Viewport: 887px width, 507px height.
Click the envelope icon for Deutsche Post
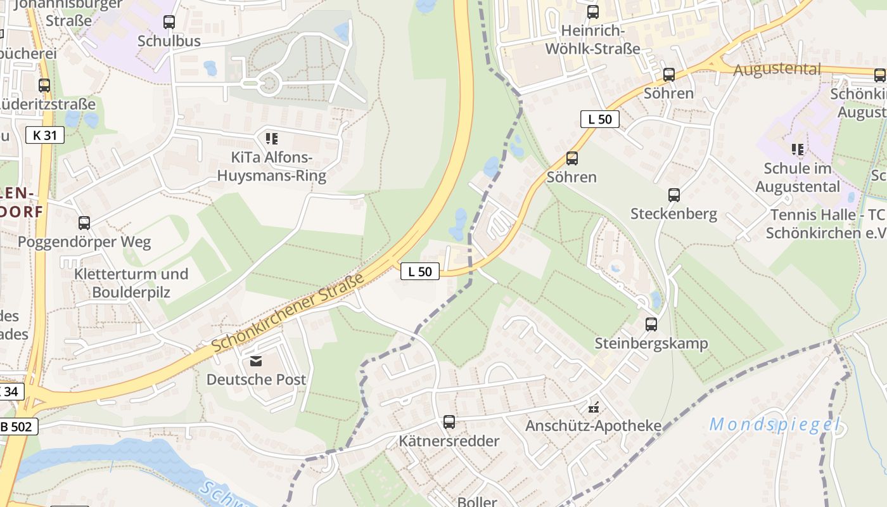tap(256, 361)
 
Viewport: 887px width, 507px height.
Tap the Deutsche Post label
tap(256, 380)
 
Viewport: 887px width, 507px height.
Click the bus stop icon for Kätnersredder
tap(449, 421)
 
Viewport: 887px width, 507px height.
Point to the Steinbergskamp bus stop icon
tap(651, 324)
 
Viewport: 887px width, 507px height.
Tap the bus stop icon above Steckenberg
tap(674, 195)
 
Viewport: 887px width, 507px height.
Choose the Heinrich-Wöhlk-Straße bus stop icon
tap(593, 12)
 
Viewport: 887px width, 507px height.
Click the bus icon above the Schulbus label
tap(169, 22)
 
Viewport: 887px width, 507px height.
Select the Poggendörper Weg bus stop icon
tap(84, 223)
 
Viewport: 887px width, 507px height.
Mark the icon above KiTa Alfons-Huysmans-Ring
tap(272, 139)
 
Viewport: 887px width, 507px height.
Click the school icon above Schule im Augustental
tap(798, 150)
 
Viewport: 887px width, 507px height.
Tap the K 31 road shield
tap(45, 134)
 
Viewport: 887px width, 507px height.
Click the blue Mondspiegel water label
tap(774, 425)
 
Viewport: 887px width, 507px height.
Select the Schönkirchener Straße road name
tap(288, 313)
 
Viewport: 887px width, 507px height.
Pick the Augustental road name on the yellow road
tap(777, 69)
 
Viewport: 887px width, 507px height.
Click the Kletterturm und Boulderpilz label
tap(131, 283)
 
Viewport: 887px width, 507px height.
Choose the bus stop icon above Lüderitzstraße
tap(44, 86)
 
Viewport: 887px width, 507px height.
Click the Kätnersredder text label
tap(449, 440)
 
